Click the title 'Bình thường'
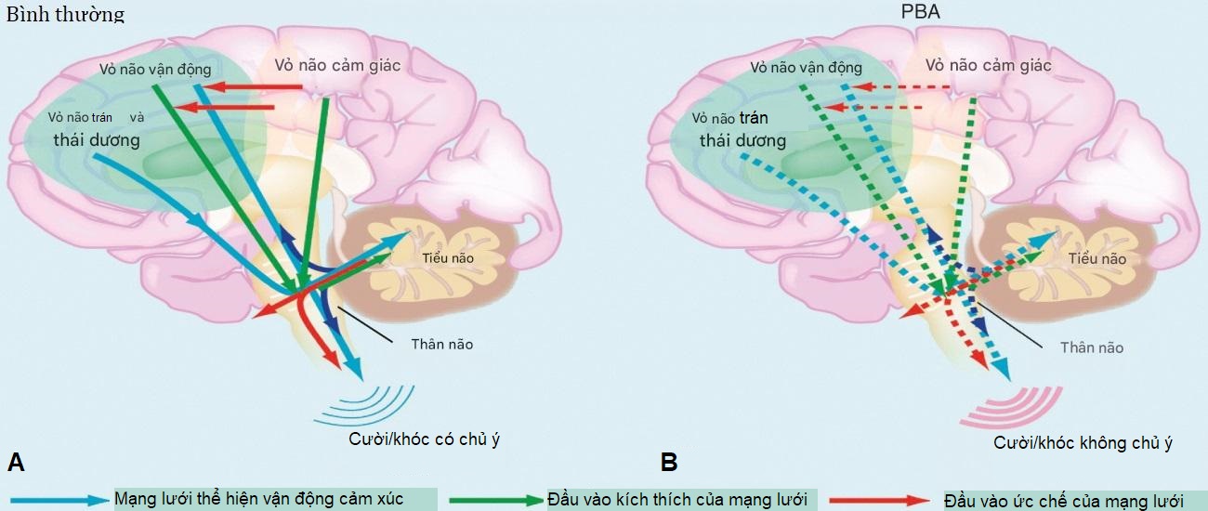65,15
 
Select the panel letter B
668,462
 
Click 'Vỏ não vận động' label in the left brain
156,69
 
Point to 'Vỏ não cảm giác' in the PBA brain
989,65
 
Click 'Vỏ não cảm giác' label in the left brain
337,65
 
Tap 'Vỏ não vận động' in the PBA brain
806,68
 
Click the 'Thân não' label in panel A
441,345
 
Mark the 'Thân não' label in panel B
1092,347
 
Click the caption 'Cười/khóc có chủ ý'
425,439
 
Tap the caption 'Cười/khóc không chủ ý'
1083,443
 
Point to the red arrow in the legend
879,500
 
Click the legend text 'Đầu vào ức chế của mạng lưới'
1062,501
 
